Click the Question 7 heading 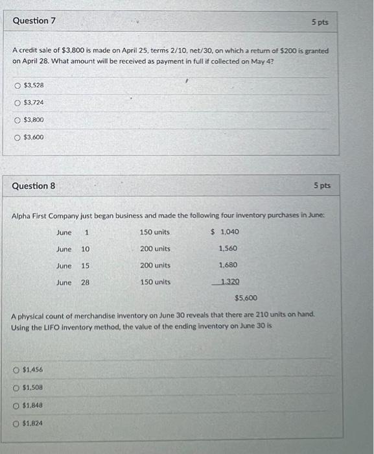coord(34,21)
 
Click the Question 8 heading coord(34,186)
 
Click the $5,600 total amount coord(246,298)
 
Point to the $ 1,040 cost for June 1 coord(225,232)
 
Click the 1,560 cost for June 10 coord(228,248)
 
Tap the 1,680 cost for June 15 coord(228,265)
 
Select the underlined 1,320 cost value coord(229,282)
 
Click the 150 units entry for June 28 coord(155,282)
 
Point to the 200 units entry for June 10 coord(155,248)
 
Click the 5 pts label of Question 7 coord(320,22)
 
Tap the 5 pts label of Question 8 coord(321,185)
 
